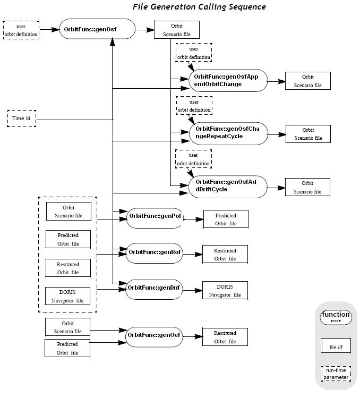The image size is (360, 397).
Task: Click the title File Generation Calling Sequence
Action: point(199,7)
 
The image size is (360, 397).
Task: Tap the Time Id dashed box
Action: point(21,118)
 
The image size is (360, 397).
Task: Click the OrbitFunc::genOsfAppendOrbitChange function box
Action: point(227,80)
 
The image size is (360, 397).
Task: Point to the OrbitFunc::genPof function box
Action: point(154,218)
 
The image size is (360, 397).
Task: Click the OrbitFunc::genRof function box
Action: point(154,252)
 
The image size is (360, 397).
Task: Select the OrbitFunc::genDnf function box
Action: point(154,289)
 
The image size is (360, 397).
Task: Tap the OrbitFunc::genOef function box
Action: point(154,335)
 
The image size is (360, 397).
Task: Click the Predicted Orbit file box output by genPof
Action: point(226,219)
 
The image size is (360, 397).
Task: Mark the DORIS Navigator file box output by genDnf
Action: point(225,291)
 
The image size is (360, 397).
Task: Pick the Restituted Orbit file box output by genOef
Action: point(225,337)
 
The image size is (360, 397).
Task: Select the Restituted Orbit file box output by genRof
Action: point(225,254)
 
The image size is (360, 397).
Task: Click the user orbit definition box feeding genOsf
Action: point(21,31)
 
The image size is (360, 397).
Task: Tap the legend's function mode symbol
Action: point(336,317)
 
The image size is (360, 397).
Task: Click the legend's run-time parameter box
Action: point(336,374)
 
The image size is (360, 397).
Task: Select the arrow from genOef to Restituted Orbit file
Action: point(192,336)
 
